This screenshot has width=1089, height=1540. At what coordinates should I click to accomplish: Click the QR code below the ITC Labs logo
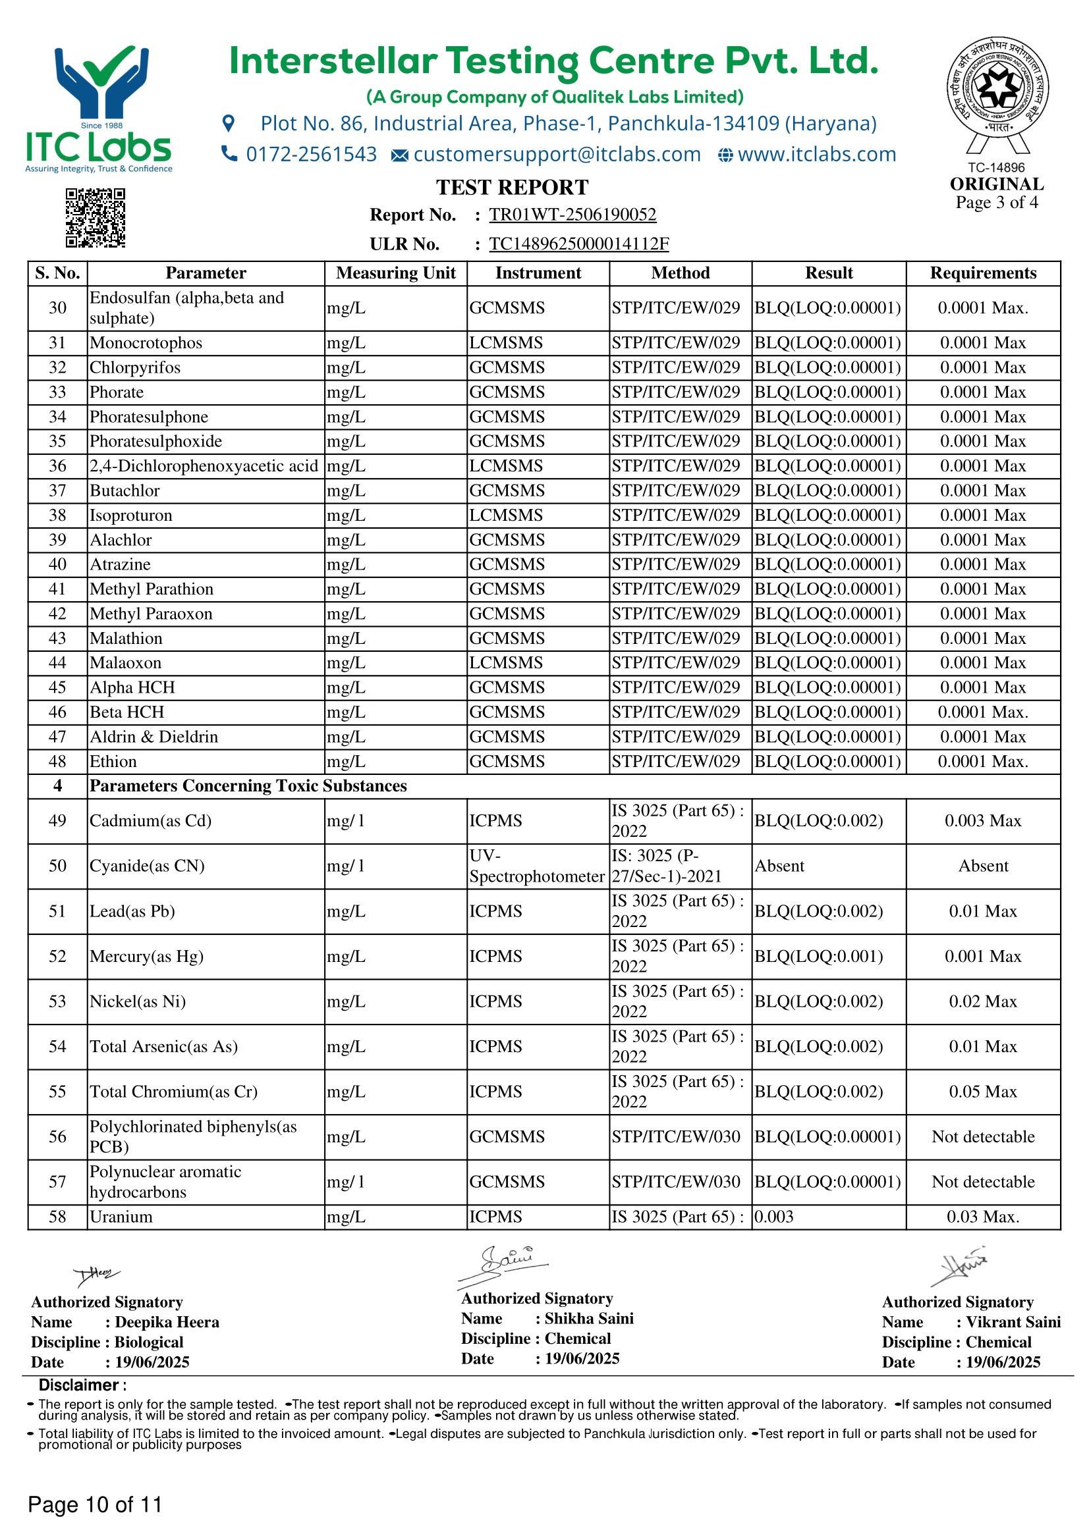click(x=96, y=218)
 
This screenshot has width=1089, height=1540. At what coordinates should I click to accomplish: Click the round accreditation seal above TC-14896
click(x=997, y=87)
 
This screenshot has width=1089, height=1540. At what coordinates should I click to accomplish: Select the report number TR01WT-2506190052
click(x=572, y=215)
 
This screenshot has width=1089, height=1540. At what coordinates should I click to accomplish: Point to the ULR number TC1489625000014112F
click(x=578, y=244)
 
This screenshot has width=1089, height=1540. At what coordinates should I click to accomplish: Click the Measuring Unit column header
click(x=395, y=273)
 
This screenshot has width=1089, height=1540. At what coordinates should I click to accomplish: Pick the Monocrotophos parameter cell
click(x=146, y=343)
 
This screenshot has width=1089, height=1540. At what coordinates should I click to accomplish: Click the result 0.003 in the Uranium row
click(x=773, y=1217)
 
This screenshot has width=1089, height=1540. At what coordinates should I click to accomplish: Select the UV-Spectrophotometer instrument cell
click(x=537, y=866)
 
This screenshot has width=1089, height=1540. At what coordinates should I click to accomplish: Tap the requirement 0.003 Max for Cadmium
click(x=982, y=821)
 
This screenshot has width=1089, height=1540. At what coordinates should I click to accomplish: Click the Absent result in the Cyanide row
click(x=779, y=866)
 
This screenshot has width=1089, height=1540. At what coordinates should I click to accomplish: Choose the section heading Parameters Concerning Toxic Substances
click(x=248, y=785)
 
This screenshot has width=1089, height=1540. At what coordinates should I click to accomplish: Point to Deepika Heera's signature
click(x=97, y=1275)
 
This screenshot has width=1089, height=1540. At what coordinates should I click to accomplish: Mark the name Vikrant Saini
click(x=1013, y=1322)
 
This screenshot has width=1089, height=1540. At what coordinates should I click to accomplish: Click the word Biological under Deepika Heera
click(x=149, y=1342)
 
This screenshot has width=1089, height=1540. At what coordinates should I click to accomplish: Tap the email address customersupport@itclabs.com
click(x=556, y=155)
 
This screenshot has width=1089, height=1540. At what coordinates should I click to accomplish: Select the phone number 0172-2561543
click(x=312, y=155)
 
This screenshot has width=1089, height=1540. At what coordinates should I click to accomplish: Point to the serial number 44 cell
click(x=58, y=663)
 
